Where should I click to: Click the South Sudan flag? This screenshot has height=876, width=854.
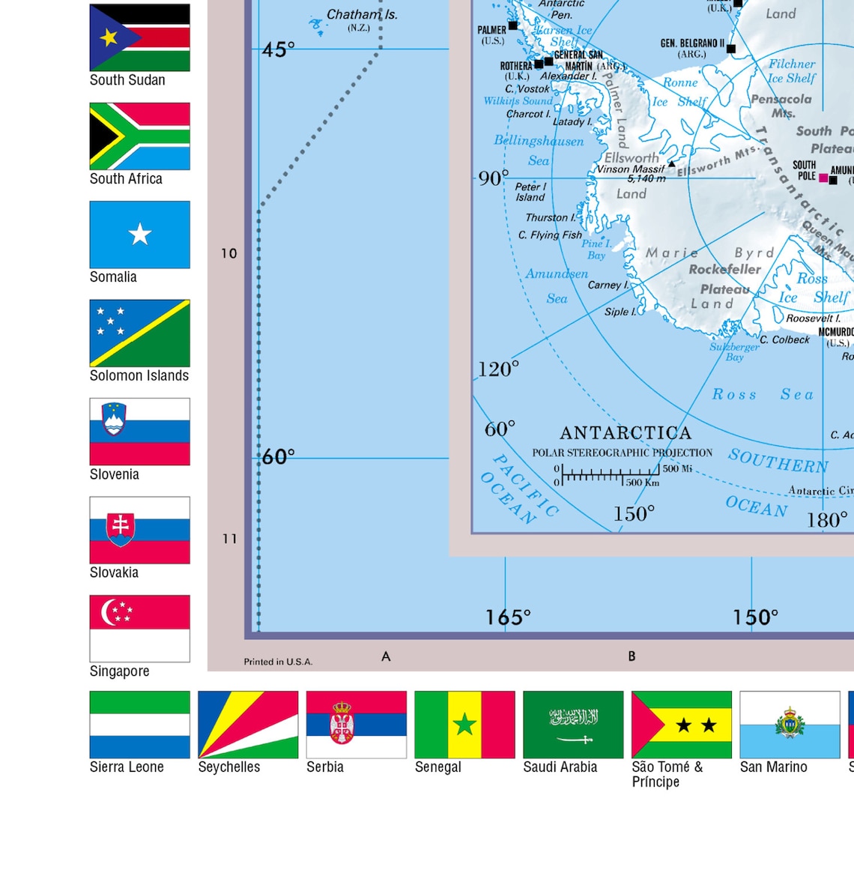(139, 37)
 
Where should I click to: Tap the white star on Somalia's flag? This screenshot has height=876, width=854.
(140, 235)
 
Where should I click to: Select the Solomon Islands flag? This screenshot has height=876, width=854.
(139, 333)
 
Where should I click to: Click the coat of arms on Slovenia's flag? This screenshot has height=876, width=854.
(114, 420)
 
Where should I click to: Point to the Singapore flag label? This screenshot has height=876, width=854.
(119, 671)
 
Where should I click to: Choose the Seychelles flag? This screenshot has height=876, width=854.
(248, 725)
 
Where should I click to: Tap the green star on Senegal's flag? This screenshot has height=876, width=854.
(464, 724)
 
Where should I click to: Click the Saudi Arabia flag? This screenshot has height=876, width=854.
(573, 725)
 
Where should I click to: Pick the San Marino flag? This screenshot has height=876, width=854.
(790, 725)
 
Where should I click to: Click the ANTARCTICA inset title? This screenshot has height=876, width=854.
(626, 433)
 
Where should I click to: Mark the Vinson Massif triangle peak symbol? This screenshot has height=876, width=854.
(671, 163)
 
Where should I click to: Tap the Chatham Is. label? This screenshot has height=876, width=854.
(362, 15)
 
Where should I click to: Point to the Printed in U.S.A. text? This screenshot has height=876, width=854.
(278, 662)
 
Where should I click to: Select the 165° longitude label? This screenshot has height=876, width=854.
(508, 617)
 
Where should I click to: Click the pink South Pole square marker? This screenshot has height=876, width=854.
(823, 178)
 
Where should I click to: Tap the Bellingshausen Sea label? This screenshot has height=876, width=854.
(539, 150)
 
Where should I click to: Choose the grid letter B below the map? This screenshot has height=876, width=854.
(632, 656)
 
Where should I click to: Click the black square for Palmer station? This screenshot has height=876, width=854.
(513, 25)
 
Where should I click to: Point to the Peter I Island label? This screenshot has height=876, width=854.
(530, 192)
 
